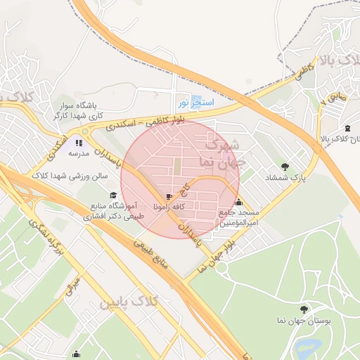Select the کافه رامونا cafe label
coord(167,207)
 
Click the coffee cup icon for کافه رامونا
coord(168,197)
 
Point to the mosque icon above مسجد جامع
coord(238,202)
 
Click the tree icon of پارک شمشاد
coord(285,167)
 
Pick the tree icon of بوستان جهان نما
coord(304,309)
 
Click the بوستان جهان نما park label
coord(304,321)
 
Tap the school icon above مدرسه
coord(78,143)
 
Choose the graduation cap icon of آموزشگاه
coord(112,195)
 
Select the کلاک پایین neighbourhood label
coord(131,302)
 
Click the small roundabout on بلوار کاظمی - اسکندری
coord(85,131)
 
